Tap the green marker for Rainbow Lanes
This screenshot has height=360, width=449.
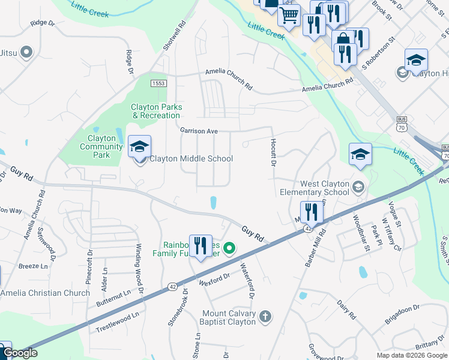pyautogui.click(x=229, y=247)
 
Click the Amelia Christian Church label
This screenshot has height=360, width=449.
pyautogui.click(x=45, y=293)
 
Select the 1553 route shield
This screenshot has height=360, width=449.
pyautogui.click(x=158, y=83)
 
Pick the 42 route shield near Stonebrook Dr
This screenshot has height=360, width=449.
pyautogui.click(x=172, y=286)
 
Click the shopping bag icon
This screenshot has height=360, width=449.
pyautogui.click(x=343, y=40)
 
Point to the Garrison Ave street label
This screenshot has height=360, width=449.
pyautogui.click(x=199, y=130)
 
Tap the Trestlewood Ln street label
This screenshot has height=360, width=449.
pyautogui.click(x=118, y=322)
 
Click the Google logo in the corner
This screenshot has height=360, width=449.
pyautogui.click(x=20, y=353)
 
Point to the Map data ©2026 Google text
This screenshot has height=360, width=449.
pyautogui.click(x=411, y=355)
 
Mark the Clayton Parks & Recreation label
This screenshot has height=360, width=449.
pyautogui.click(x=156, y=111)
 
